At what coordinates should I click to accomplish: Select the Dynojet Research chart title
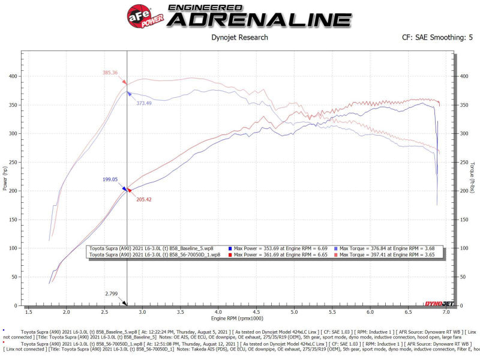[x=239, y=37]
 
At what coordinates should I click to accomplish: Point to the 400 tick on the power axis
[x=13, y=76]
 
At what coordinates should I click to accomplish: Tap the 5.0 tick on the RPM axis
[x=294, y=312]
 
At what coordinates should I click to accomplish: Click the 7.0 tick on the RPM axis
[x=446, y=312]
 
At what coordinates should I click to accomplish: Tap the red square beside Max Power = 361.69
[x=230, y=254]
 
